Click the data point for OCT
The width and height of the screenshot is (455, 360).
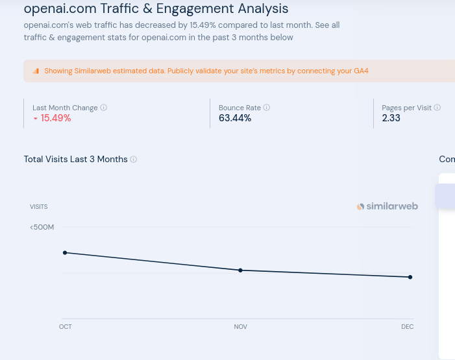[x=65, y=252]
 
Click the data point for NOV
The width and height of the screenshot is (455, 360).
[x=240, y=270]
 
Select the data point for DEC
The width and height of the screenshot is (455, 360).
[x=410, y=277]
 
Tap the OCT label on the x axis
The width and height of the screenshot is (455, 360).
[x=65, y=327]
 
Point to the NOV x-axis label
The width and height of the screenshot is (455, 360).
[x=240, y=327]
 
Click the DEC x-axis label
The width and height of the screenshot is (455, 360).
[x=407, y=327]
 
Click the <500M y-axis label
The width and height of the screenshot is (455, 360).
[x=42, y=227]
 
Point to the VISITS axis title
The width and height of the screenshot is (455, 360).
[x=38, y=207]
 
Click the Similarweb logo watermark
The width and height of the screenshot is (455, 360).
[x=387, y=206]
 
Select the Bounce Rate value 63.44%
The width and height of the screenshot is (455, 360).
[x=235, y=118]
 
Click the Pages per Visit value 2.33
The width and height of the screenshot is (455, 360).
[x=391, y=118]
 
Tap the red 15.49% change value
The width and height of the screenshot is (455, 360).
[x=55, y=118]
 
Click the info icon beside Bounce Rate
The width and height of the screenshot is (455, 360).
[x=267, y=108]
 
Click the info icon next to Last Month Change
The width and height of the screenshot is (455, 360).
[x=104, y=108]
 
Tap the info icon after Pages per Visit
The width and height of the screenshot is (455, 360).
[x=437, y=108]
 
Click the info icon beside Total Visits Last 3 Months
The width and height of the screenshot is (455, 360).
[x=134, y=160]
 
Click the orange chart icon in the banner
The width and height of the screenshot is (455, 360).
[x=36, y=71]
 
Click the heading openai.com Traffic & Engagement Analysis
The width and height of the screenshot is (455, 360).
[x=156, y=9]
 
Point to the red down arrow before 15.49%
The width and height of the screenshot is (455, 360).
[x=36, y=119]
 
